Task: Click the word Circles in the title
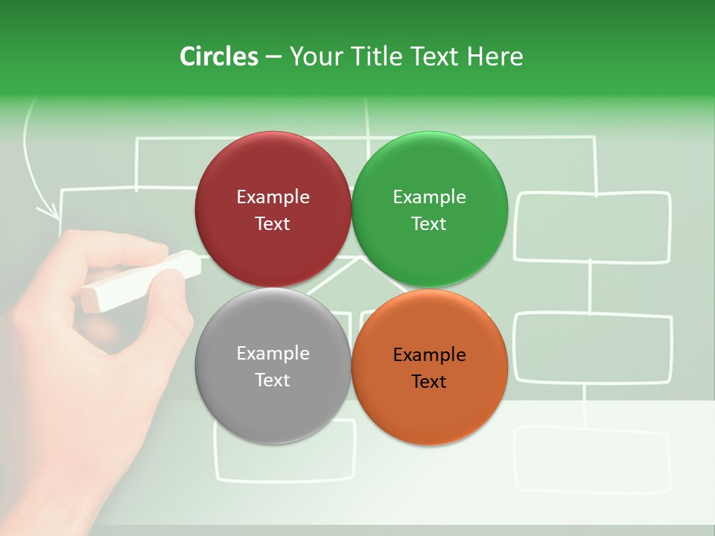pyautogui.click(x=218, y=57)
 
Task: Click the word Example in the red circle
pyautogui.click(x=273, y=197)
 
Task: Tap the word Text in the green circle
pyautogui.click(x=429, y=224)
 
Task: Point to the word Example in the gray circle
pyautogui.click(x=273, y=354)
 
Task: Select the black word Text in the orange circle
pyautogui.click(x=429, y=382)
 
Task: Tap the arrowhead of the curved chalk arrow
pyautogui.click(x=51, y=212)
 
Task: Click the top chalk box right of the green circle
pyautogui.click(x=593, y=227)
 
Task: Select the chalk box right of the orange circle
pyautogui.click(x=593, y=348)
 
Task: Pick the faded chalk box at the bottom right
pyautogui.click(x=593, y=459)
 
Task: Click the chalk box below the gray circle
pyautogui.click(x=285, y=450)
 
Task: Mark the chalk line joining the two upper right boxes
pyautogui.click(x=591, y=287)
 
